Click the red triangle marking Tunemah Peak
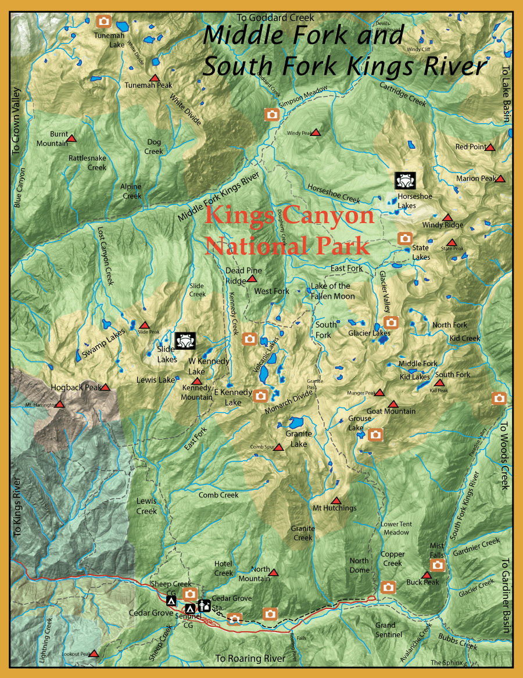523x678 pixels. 154,78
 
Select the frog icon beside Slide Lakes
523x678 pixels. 185,340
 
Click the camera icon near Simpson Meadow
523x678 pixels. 271,114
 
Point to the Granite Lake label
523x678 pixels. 299,439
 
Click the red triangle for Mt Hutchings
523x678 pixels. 335,500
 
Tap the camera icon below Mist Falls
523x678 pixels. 438,565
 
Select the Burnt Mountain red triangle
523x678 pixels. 71,138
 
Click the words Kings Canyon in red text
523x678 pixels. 289,216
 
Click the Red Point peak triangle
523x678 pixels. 490,147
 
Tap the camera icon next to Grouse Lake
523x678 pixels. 375,433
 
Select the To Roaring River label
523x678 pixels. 250,658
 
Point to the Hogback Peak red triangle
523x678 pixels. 105,387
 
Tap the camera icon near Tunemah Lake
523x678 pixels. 104,21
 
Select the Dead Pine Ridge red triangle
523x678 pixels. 252,279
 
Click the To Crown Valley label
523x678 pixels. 16,121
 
